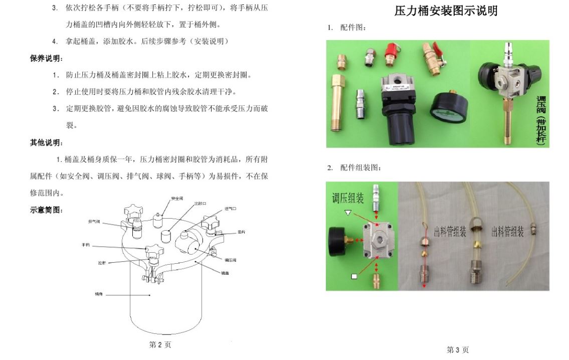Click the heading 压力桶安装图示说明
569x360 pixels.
[446, 11]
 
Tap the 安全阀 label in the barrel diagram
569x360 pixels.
[176, 199]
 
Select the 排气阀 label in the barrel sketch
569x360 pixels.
[94, 221]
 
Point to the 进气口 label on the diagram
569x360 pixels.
[231, 208]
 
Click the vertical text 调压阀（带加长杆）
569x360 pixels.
[540, 119]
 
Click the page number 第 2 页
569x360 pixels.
[160, 345]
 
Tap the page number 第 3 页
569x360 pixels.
[457, 350]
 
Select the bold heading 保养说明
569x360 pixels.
[47, 59]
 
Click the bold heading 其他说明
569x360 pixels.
[47, 143]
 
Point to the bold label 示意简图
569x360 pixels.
[47, 210]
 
